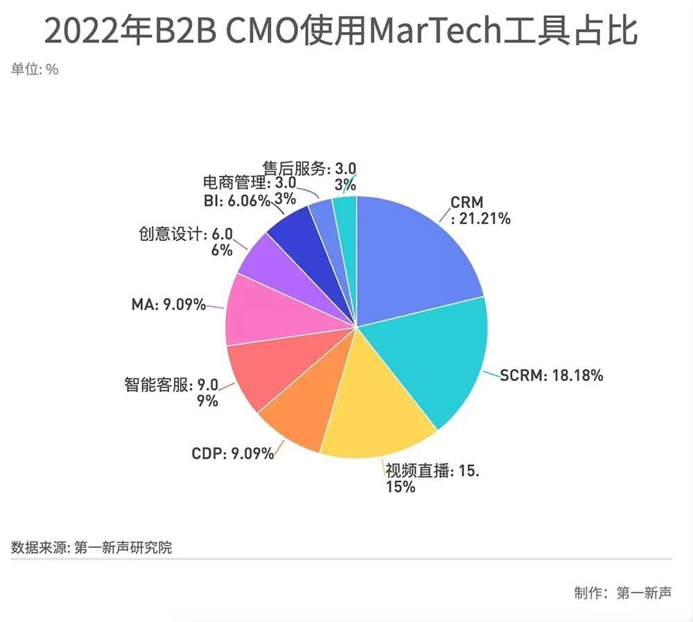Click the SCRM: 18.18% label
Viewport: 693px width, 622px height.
point(552,375)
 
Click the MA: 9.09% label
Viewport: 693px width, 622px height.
point(168,304)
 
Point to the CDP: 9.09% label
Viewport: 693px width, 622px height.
point(232,455)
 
